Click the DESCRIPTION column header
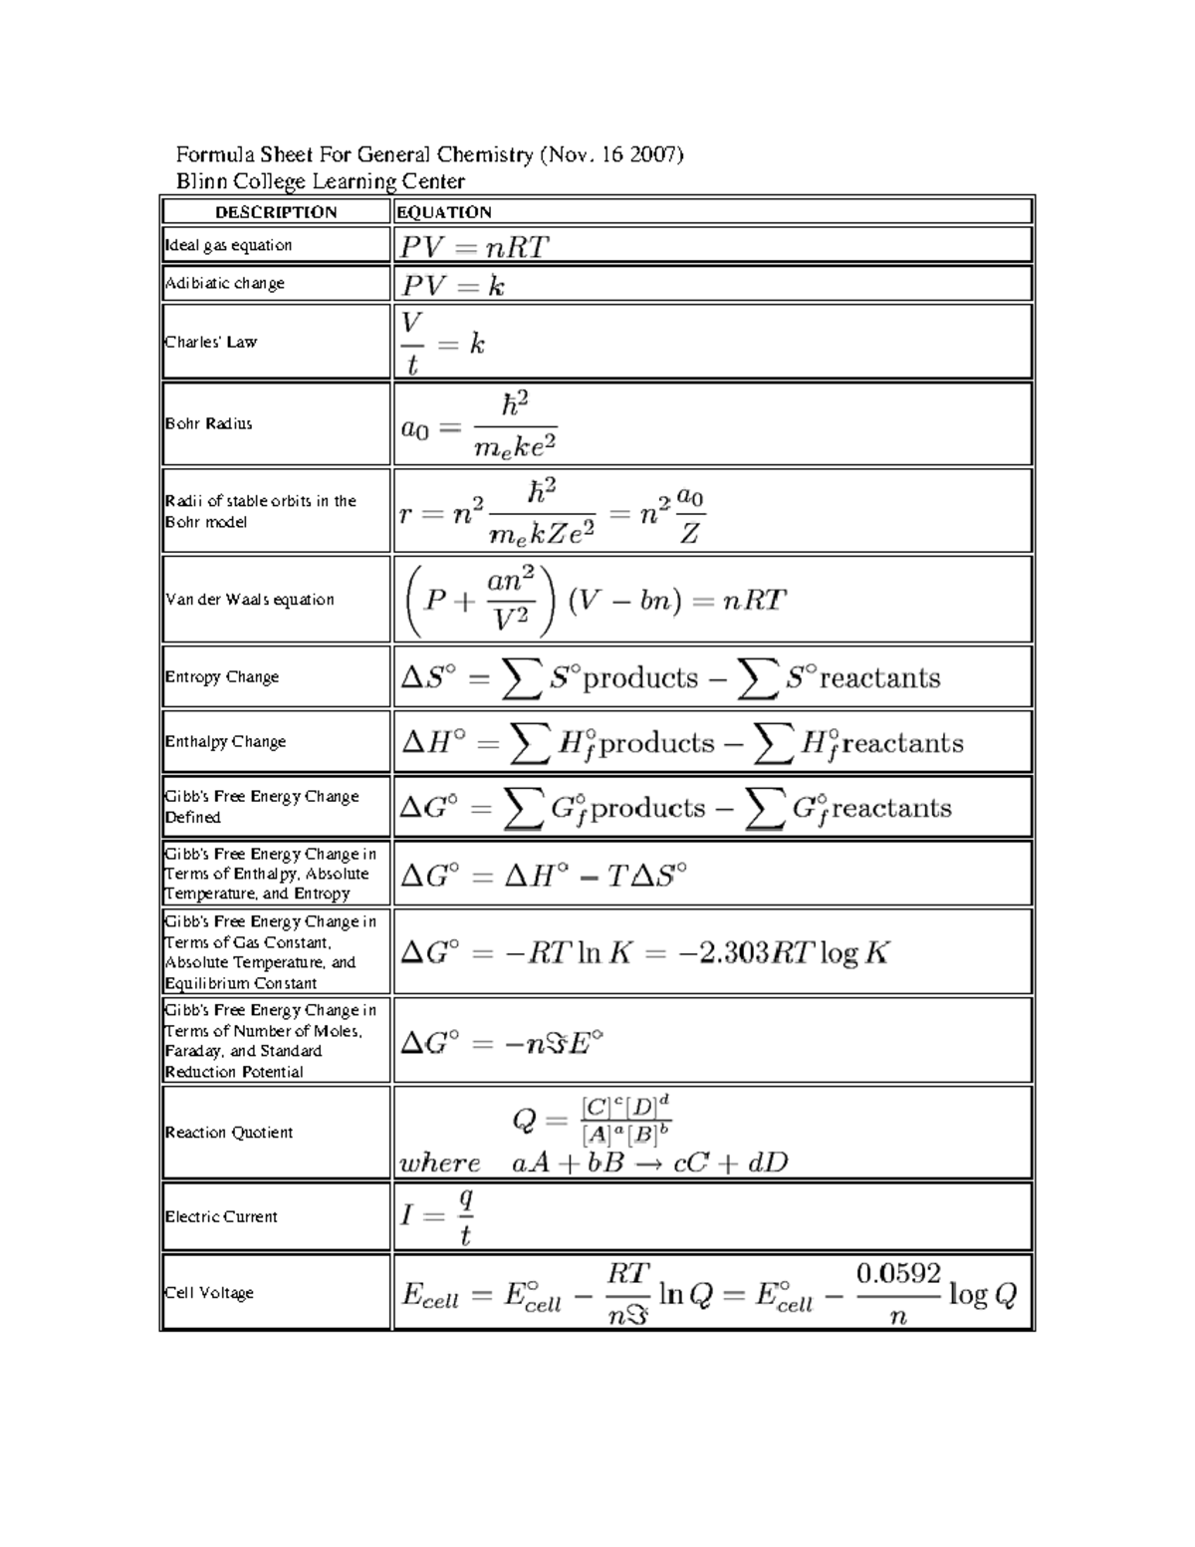tap(276, 212)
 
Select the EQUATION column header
tap(444, 212)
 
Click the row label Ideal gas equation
tap(229, 245)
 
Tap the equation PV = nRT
tap(475, 247)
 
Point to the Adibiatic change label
tap(225, 283)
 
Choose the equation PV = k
tap(453, 287)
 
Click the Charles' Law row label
tap(211, 342)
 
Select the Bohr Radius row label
tap(209, 423)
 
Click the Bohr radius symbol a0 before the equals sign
tap(414, 429)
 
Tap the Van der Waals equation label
tap(250, 600)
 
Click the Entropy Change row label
tap(222, 676)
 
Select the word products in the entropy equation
tap(640, 678)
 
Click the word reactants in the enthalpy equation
tap(902, 743)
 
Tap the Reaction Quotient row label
tap(229, 1133)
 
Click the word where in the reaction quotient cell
tap(439, 1162)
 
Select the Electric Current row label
tap(221, 1216)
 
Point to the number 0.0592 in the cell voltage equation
tap(898, 1273)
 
